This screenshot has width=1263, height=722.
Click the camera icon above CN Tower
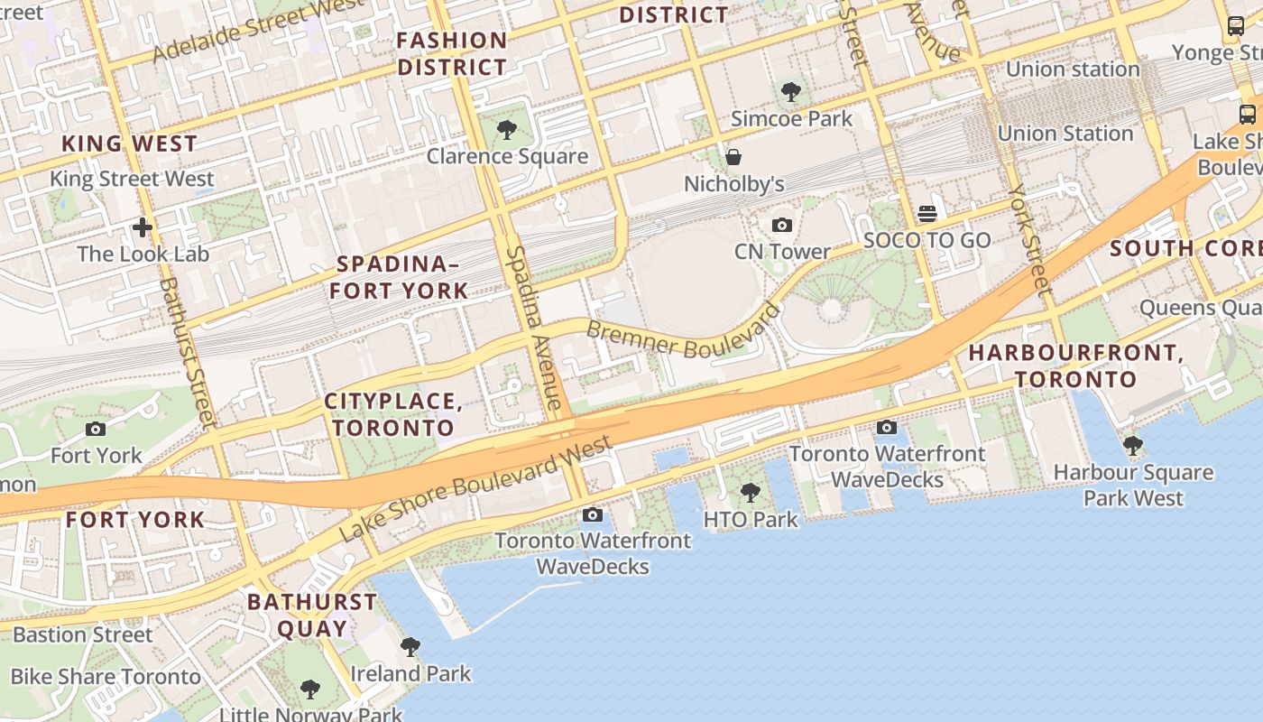(x=782, y=225)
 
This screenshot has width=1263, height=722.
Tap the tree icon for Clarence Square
(x=507, y=130)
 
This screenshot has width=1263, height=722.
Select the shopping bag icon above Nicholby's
(x=733, y=157)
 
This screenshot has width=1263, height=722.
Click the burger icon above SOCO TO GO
(x=927, y=214)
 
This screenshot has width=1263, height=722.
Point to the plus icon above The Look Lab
(x=142, y=227)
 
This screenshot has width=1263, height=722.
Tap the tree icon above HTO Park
(x=750, y=493)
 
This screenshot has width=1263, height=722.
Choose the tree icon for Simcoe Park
(x=791, y=91)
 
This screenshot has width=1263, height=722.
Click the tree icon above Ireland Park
(x=410, y=646)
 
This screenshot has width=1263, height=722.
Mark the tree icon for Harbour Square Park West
(x=1133, y=446)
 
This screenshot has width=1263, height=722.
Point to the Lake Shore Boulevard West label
(x=475, y=488)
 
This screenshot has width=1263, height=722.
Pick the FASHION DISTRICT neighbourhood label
(x=452, y=53)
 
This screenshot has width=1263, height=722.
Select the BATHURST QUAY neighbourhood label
(x=312, y=615)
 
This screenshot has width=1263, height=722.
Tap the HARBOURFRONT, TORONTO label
(x=1075, y=366)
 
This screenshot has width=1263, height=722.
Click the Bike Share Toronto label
(x=106, y=677)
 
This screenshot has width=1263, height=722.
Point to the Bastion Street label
(x=83, y=634)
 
